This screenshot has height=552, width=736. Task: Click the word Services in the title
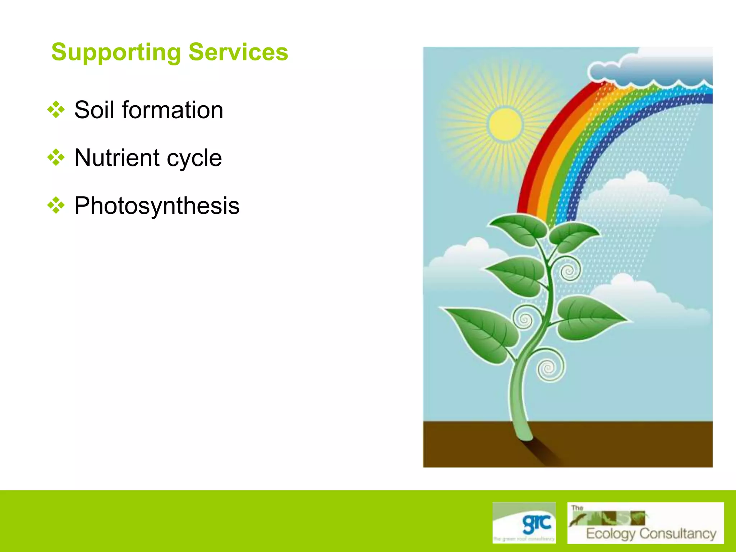pyautogui.click(x=238, y=52)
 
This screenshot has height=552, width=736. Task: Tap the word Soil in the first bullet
pyautogui.click(x=94, y=110)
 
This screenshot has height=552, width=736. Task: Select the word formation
pyautogui.click(x=172, y=110)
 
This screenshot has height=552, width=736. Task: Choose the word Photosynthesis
pyautogui.click(x=157, y=206)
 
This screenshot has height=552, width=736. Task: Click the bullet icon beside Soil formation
pyautogui.click(x=56, y=110)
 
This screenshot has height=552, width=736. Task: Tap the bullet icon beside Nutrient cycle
pyautogui.click(x=56, y=157)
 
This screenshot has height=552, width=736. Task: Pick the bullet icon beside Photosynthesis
pyautogui.click(x=56, y=206)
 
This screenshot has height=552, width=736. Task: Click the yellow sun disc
pyautogui.click(x=505, y=124)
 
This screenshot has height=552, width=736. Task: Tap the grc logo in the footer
pyautogui.click(x=524, y=523)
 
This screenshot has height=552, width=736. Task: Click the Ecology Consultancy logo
pyautogui.click(x=645, y=523)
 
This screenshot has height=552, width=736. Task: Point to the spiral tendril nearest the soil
pyautogui.click(x=549, y=368)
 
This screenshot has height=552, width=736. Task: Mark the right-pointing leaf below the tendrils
pyautogui.click(x=589, y=318)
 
